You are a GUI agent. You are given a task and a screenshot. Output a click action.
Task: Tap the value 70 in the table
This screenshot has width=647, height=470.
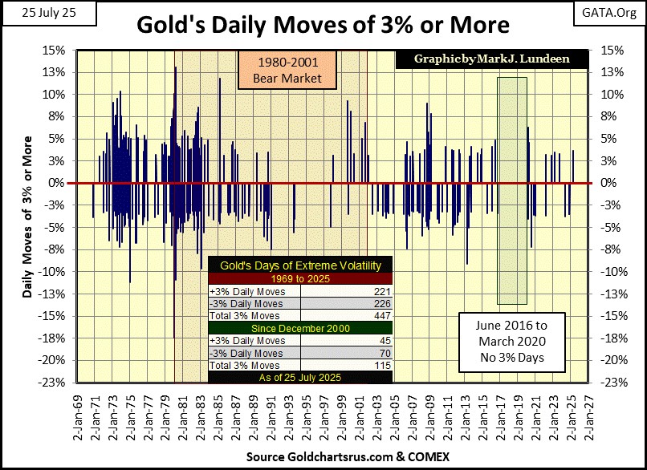point(382,353)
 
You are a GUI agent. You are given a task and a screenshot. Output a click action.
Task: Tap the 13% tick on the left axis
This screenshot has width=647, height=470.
point(55,71)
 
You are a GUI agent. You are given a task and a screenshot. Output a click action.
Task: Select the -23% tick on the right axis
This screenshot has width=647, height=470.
point(610,382)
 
